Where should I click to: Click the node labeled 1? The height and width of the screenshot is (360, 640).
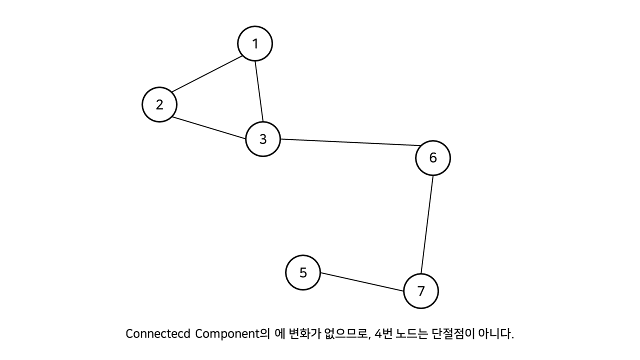pos(255,43)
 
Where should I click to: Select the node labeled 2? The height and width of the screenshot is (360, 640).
pos(159,104)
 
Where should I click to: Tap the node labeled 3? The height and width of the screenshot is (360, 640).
pos(263,139)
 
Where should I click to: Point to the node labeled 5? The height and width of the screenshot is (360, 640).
pos(303,272)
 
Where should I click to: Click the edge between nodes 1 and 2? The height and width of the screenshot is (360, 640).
pos(207,74)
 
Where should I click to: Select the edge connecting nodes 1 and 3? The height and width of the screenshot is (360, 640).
pos(259,91)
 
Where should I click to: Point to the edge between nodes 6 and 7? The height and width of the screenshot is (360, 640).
pos(427,224)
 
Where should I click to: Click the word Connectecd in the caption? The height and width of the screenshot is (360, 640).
pos(157,333)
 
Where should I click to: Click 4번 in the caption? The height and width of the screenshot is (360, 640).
pos(383,333)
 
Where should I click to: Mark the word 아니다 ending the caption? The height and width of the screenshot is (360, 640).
pos(495,333)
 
